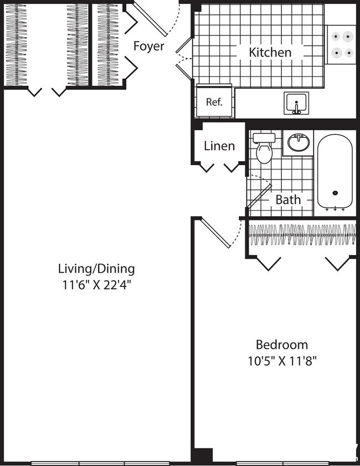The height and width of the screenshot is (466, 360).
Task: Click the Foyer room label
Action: (x=148, y=46)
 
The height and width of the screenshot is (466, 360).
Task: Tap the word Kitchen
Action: (x=270, y=53)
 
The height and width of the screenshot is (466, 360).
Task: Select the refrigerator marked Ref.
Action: (x=214, y=101)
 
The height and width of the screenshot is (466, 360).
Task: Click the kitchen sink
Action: (x=297, y=103)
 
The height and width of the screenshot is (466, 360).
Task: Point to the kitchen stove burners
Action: (x=341, y=45)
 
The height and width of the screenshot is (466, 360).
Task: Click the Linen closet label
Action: (x=219, y=146)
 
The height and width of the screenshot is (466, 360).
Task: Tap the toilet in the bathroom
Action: (x=264, y=148)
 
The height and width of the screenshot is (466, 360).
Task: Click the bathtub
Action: (x=335, y=172)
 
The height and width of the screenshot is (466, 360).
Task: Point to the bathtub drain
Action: (x=335, y=193)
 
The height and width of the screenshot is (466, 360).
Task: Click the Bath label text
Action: (x=288, y=199)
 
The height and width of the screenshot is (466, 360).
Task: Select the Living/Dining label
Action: (x=96, y=269)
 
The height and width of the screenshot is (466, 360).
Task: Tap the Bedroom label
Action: (x=281, y=344)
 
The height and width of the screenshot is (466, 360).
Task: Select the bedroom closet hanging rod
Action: (x=301, y=234)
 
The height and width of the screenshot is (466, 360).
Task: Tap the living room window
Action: (x=100, y=463)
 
